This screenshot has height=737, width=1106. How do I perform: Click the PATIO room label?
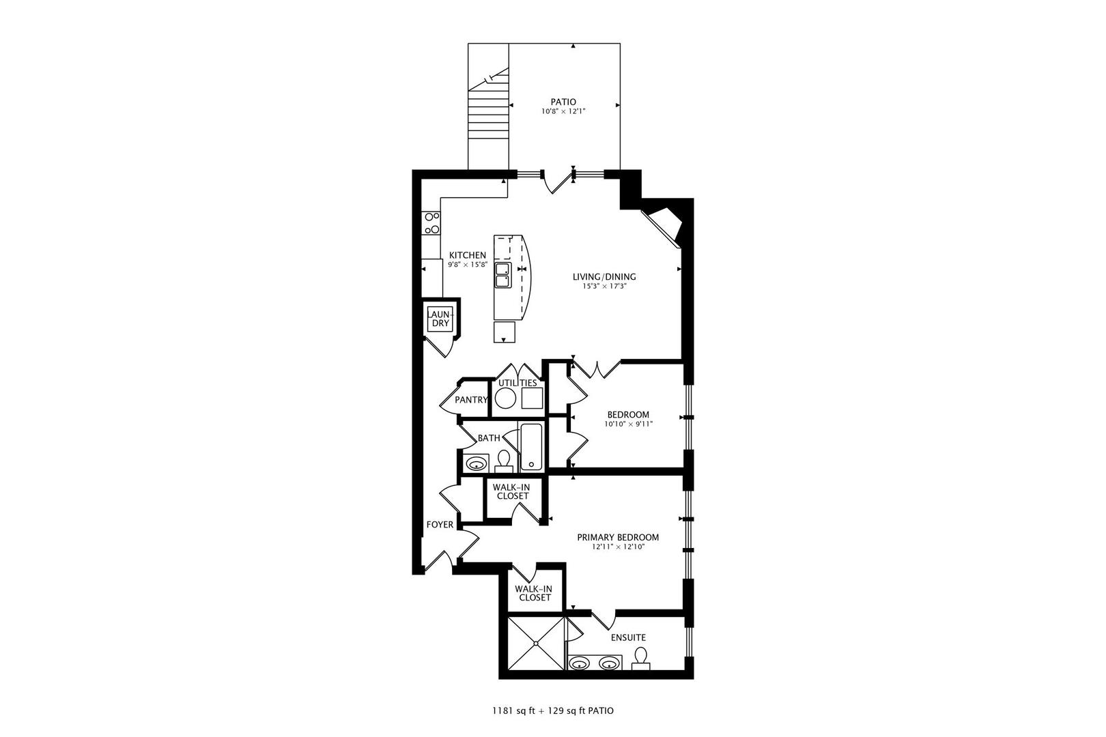tap(563, 102)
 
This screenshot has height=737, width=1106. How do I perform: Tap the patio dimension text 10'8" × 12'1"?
tap(563, 111)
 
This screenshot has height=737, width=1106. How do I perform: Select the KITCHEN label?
tap(468, 255)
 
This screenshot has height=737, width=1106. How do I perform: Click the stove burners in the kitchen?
tap(432, 223)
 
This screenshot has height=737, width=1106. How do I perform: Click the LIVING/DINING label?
tap(604, 276)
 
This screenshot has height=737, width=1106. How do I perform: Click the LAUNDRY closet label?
tap(440, 318)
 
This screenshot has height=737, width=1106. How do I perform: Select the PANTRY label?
tap(471, 400)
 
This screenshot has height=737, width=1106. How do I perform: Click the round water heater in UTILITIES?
tap(506, 399)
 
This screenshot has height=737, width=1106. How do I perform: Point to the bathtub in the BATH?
tap(530, 447)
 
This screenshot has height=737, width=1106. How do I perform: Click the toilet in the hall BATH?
tap(504, 461)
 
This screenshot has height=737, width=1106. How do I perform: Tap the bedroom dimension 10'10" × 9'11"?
tap(628, 424)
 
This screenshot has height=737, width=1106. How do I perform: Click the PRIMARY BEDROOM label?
tap(618, 537)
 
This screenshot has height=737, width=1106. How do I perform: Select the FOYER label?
tap(440, 525)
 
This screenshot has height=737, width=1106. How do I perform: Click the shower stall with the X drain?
tap(536, 643)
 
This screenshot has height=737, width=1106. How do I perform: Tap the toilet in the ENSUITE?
tap(640, 658)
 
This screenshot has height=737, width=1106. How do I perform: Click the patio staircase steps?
tap(488, 116)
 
